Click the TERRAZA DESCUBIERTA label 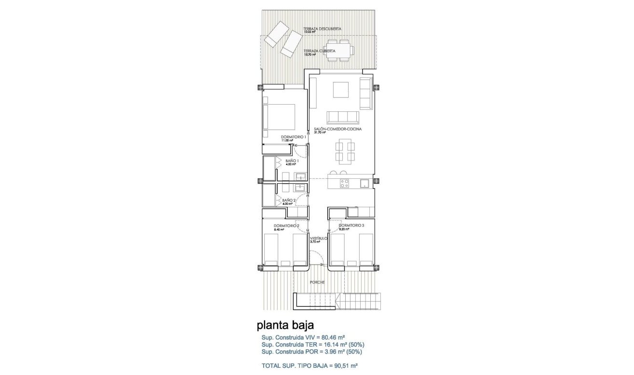click(322, 29)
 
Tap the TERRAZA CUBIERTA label click(319, 51)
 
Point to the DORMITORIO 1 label click(294, 137)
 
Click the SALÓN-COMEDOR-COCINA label click(337, 130)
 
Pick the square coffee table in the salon click(341, 90)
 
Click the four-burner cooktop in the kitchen click(345, 183)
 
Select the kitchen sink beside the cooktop click(364, 183)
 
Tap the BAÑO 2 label click(289, 200)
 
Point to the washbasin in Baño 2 click(300, 187)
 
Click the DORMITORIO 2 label click(286, 226)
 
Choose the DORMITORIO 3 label click(351, 225)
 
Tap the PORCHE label click(317, 282)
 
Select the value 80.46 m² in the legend click(333, 337)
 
